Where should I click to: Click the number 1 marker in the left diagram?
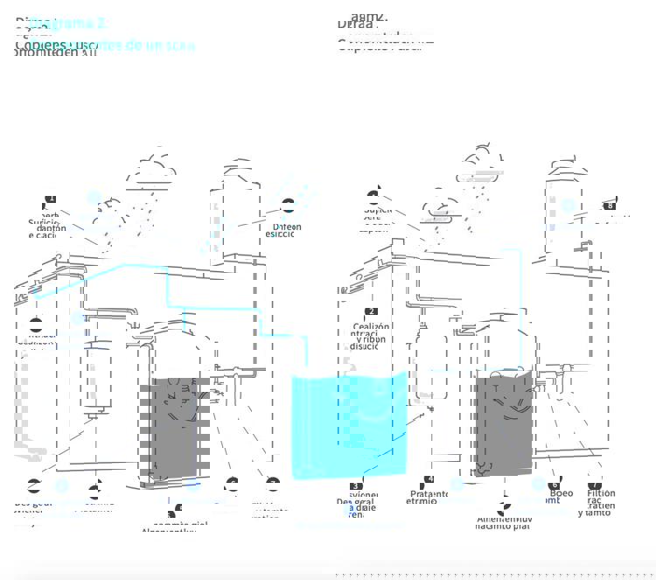[51, 199]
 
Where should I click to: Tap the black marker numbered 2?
[372, 311]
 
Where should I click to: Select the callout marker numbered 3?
[356, 486]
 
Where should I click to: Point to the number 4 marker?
[429, 480]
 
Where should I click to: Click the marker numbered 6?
[554, 486]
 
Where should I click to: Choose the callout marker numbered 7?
[596, 486]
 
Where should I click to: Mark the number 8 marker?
[610, 206]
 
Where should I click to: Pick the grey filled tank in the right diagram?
[505, 423]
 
